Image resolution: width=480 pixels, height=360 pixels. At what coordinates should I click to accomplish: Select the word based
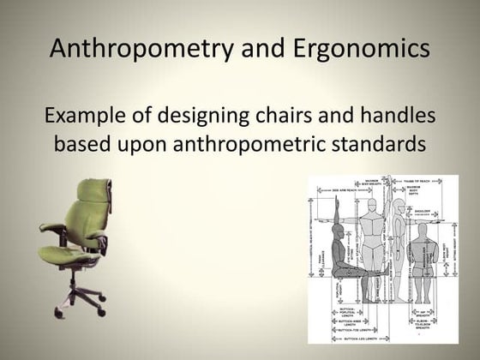(x=87, y=142)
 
